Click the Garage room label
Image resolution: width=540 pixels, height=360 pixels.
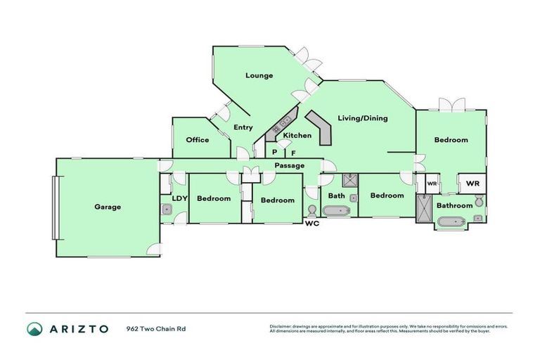[108, 207]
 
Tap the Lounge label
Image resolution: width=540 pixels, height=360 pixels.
[259, 75]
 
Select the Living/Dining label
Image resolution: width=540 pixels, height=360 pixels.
[362, 118]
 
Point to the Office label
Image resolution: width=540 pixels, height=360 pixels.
[198, 140]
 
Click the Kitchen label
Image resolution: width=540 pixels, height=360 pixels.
[297, 136]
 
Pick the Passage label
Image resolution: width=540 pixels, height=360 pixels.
[289, 165]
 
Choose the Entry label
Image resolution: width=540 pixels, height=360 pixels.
[243, 127]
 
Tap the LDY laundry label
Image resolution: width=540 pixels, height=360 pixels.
[179, 198]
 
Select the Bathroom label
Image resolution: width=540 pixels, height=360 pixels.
[454, 205]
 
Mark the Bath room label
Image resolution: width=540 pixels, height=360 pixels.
[336, 196]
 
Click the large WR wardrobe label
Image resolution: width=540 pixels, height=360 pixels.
[472, 184]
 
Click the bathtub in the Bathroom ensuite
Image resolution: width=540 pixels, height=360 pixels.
[451, 224]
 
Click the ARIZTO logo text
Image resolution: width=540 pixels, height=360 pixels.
[78, 329]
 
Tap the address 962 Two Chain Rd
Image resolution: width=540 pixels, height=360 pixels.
[156, 328]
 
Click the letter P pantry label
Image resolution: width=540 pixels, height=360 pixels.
[274, 152]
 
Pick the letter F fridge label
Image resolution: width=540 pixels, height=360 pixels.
[293, 152]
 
